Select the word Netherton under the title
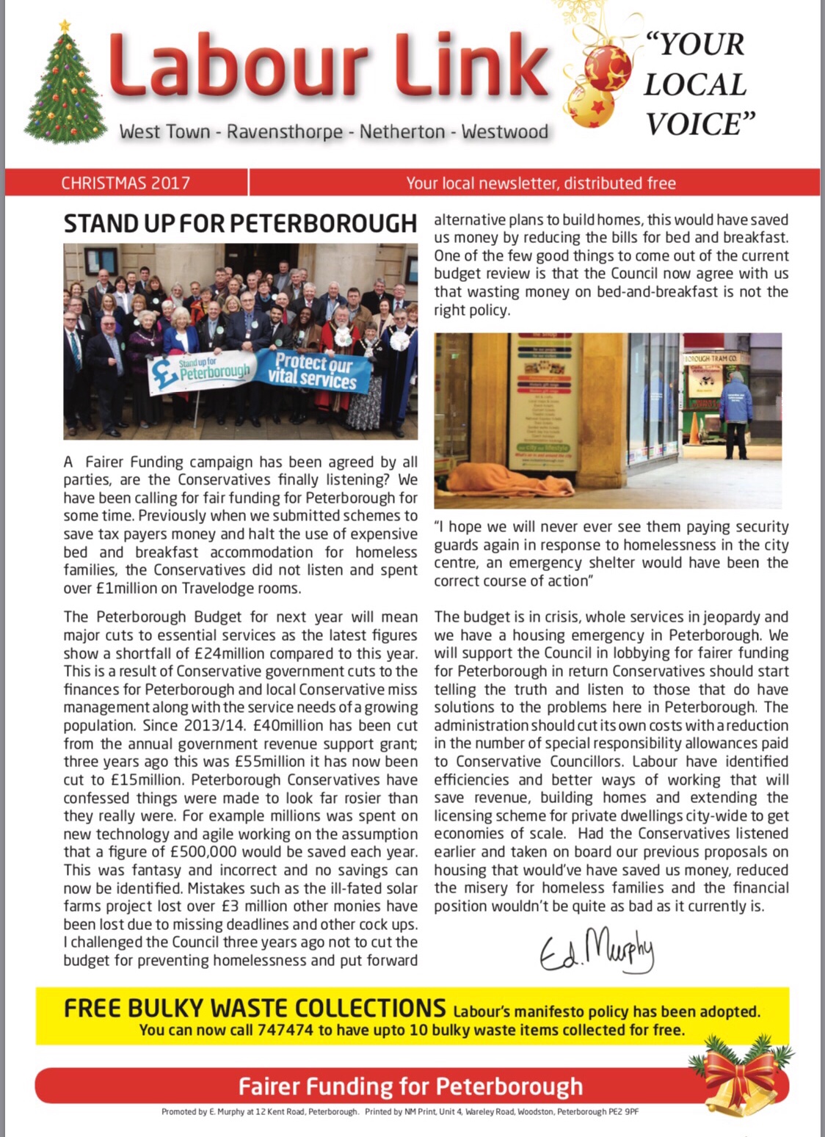(402, 132)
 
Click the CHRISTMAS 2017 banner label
(126, 183)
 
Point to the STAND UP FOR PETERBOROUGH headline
(240, 223)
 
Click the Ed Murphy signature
(596, 949)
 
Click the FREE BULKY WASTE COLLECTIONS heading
(254, 1008)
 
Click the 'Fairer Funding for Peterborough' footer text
(410, 1086)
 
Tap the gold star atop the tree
(65, 26)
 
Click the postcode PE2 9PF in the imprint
(622, 1111)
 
